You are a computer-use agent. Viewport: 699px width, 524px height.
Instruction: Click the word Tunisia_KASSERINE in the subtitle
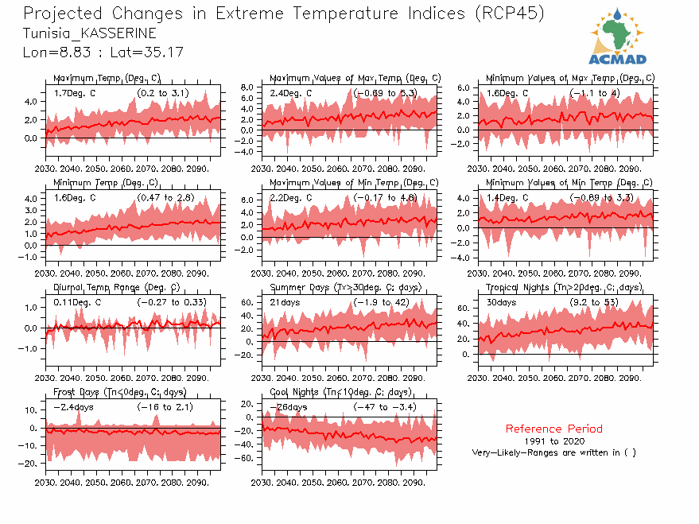click(89, 33)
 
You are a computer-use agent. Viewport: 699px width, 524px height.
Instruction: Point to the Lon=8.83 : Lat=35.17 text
click(103, 52)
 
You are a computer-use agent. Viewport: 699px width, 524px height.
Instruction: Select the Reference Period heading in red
click(553, 429)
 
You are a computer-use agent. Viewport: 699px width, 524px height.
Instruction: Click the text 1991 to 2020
click(554, 441)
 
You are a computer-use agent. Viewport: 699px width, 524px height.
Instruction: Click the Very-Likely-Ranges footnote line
click(553, 452)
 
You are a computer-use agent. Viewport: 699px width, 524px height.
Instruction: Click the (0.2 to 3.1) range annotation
click(162, 93)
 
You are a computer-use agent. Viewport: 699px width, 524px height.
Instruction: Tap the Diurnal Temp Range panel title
click(116, 287)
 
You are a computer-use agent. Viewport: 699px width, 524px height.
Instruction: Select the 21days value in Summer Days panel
click(284, 302)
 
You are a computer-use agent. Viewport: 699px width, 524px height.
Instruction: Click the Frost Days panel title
click(119, 392)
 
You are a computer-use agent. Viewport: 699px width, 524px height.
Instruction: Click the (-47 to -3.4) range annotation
click(385, 407)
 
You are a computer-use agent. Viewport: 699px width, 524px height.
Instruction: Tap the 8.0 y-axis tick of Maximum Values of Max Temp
click(247, 87)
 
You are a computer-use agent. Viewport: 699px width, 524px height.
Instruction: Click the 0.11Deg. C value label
click(77, 302)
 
